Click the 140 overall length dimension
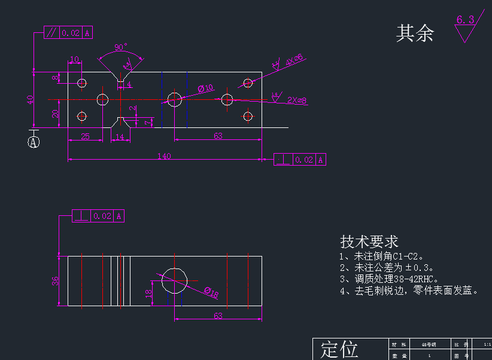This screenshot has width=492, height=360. tap(165, 156)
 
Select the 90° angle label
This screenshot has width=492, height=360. tap(121, 47)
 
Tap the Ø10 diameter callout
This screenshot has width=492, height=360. tap(206, 89)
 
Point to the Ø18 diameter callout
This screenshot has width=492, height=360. tap(211, 292)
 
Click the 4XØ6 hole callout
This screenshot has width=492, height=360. tap(294, 59)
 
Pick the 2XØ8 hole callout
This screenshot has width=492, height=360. tap(297, 100)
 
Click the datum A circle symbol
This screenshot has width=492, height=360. tap(34, 142)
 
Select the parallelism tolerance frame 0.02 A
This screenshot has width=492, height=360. tap(69, 33)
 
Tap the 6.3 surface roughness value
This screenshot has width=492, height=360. tap(465, 20)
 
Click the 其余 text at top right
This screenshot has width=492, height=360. tap(415, 33)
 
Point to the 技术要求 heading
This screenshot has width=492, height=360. tap(369, 242)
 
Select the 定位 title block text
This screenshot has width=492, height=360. tap(339, 349)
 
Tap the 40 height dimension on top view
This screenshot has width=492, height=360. tap(30, 99)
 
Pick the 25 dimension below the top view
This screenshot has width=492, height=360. tap(85, 136)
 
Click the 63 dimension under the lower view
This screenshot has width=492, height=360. tap(218, 315)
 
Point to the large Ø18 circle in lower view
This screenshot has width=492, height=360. tap(174, 280)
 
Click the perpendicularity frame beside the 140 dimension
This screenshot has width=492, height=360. tap(300, 160)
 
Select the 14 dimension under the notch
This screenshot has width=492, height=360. tap(120, 136)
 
